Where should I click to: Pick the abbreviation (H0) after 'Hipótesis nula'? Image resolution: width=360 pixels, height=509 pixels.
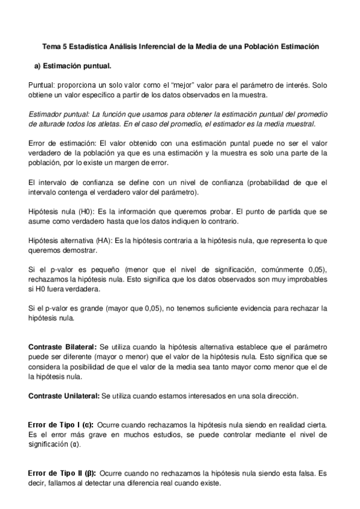click(76, 211)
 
